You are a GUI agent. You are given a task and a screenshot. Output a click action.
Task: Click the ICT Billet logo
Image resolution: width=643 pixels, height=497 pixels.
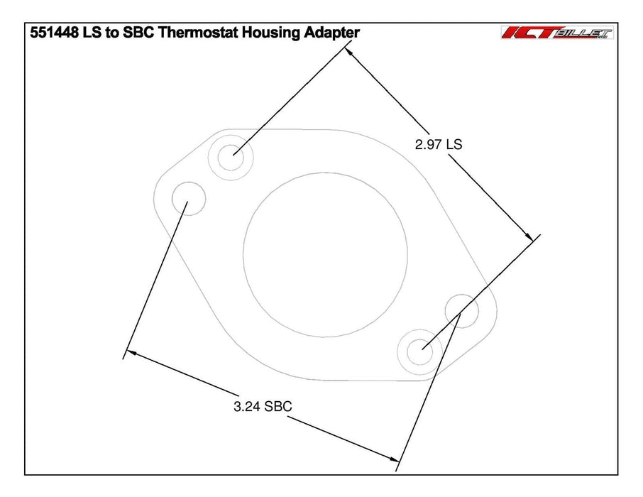(x=557, y=32)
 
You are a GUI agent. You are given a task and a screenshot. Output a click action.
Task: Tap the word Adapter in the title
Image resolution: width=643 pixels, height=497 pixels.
(x=331, y=32)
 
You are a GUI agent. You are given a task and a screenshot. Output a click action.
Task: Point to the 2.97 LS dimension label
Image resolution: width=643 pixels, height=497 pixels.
(x=438, y=144)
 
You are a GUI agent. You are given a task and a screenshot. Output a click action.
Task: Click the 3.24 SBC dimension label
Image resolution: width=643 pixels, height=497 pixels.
(x=263, y=407)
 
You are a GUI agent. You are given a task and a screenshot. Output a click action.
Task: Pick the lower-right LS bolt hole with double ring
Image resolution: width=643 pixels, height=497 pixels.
(x=420, y=349)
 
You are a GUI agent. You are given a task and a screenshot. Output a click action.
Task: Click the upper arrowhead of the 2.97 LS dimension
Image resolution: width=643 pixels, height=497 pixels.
(x=351, y=54)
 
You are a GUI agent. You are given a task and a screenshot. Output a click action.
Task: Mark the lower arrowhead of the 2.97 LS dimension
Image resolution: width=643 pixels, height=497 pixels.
(x=528, y=236)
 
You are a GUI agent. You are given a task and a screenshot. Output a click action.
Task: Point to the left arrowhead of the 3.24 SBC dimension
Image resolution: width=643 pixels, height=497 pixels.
(x=131, y=353)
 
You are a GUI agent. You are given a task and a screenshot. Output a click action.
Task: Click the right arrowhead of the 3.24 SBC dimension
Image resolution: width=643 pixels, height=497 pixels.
(x=392, y=459)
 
